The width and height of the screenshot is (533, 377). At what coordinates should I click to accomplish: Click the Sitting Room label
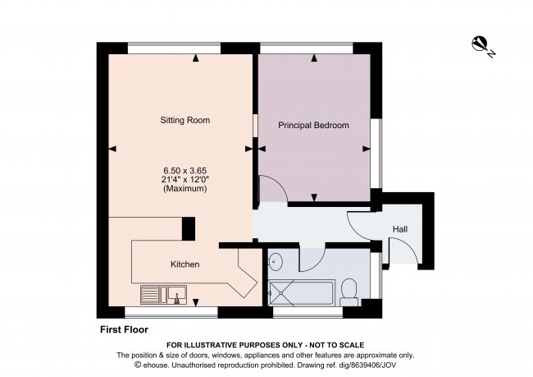click(184, 120)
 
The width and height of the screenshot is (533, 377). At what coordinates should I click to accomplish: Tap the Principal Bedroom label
click(313, 126)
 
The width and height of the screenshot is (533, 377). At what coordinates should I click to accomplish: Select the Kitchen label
click(184, 264)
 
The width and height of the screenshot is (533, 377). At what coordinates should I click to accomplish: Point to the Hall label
click(400, 229)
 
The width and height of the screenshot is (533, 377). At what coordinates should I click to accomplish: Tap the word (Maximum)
click(184, 189)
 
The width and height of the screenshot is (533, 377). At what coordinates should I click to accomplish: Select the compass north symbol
click(483, 46)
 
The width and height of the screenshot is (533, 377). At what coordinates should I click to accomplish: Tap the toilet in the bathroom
click(348, 290)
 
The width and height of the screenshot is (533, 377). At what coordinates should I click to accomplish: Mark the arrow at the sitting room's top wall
click(196, 58)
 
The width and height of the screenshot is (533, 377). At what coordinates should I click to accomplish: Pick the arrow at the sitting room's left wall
click(112, 149)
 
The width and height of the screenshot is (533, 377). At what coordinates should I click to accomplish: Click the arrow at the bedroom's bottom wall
click(314, 197)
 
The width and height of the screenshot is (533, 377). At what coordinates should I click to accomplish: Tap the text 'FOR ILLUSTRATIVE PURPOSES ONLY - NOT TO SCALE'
click(265, 345)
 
